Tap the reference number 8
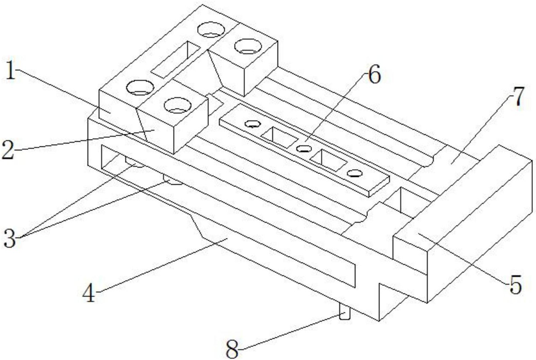click(x=232, y=350)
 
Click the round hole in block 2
click(x=177, y=105)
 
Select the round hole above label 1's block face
click(x=139, y=88)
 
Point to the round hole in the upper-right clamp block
click(x=248, y=46)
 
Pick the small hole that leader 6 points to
click(x=304, y=149)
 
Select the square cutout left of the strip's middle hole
click(x=279, y=137)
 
